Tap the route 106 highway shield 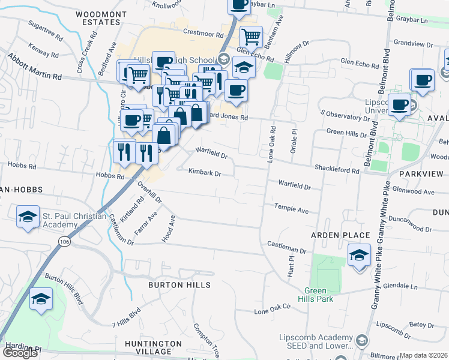[63, 241]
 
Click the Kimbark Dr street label [205, 173]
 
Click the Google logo [20, 353]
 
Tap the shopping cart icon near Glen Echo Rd [250, 37]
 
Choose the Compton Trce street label [206, 339]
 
